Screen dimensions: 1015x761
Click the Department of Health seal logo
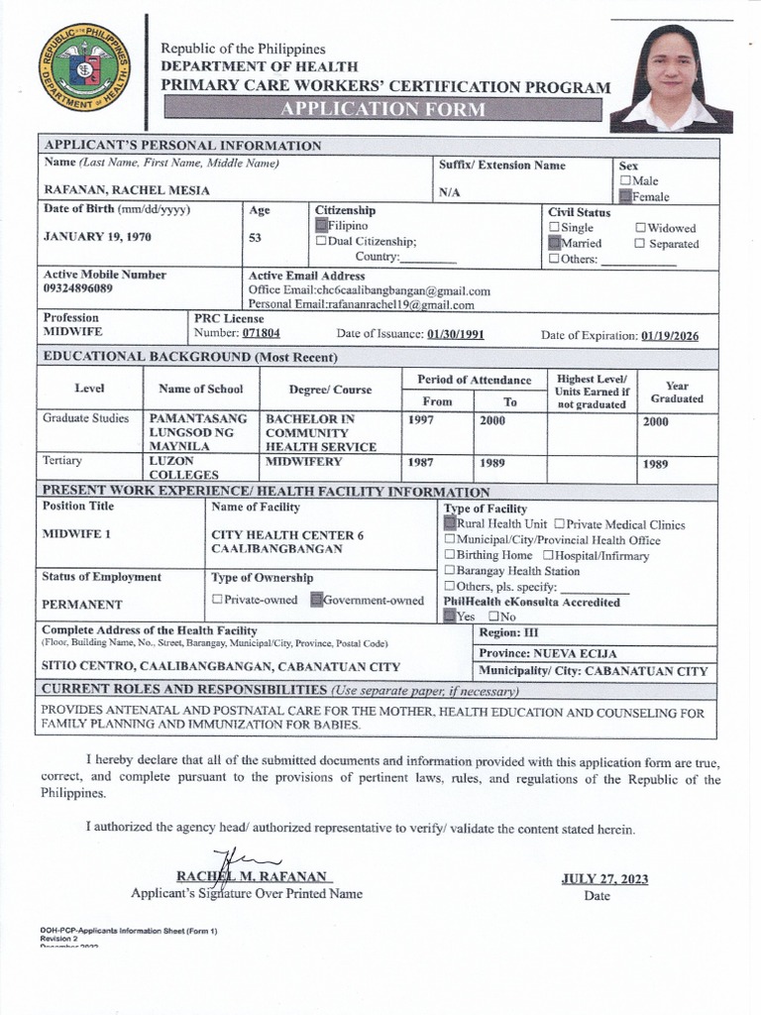point(84,67)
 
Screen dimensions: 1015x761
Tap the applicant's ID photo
point(672,78)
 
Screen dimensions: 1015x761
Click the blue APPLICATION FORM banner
point(383,109)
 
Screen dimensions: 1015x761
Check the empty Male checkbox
point(625,181)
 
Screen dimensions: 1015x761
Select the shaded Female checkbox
point(625,197)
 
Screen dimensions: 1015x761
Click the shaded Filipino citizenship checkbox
point(321,226)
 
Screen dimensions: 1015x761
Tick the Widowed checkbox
point(640,228)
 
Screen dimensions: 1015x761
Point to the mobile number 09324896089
point(78,289)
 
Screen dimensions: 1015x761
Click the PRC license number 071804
point(262,335)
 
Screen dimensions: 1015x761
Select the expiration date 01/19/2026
point(670,336)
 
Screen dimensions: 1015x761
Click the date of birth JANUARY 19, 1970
point(97,238)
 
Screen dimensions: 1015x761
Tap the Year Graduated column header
point(677,393)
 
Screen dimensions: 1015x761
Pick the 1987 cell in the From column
point(421,463)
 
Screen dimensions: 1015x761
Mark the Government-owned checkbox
point(317,600)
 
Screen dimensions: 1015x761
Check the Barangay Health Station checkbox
point(450,571)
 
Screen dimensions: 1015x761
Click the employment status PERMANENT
point(82,605)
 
